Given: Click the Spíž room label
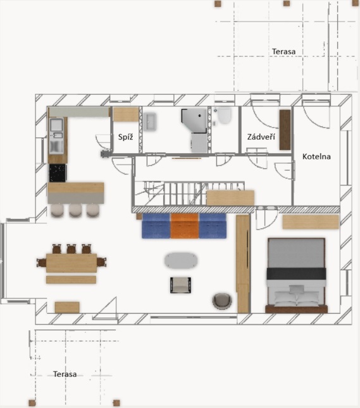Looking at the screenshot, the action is pyautogui.click(x=125, y=137).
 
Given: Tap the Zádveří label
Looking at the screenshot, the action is pyautogui.click(x=261, y=137).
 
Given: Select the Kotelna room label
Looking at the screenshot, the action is pyautogui.click(x=316, y=156).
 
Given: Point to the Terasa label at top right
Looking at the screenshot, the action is pyautogui.click(x=283, y=51).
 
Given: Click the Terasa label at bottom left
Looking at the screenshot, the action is pyautogui.click(x=65, y=374).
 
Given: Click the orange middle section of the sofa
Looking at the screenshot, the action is pyautogui.click(x=185, y=226).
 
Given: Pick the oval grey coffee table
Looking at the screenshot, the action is pyautogui.click(x=181, y=261).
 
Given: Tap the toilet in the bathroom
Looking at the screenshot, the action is pyautogui.click(x=224, y=115).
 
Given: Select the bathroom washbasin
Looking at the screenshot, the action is pyautogui.click(x=150, y=121).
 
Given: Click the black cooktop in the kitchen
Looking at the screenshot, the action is pyautogui.click(x=58, y=173).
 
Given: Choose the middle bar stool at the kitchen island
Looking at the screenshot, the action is pyautogui.click(x=75, y=210).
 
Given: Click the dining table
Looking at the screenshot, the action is pyautogui.click(x=71, y=263).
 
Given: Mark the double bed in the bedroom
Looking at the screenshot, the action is pyautogui.click(x=296, y=275).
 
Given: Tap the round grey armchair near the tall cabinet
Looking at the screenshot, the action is pyautogui.click(x=222, y=301).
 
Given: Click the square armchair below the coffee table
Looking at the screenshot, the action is pyautogui.click(x=180, y=285).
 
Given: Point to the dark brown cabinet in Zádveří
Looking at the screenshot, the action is pyautogui.click(x=285, y=130).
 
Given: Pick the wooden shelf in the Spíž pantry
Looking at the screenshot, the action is pyautogui.click(x=125, y=114).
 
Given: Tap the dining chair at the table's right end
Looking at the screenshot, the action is pyautogui.click(x=101, y=262).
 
